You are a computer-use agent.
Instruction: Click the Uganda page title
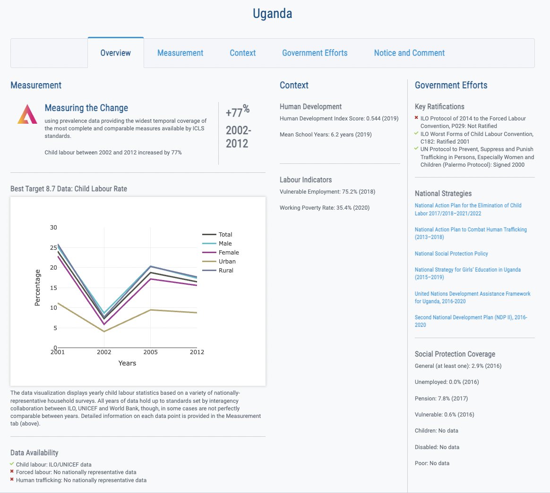pyautogui.click(x=272, y=14)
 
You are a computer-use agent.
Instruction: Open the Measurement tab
pyautogui.click(x=180, y=53)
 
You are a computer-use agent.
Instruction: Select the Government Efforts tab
pyautogui.click(x=315, y=53)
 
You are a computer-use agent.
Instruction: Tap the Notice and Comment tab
pyautogui.click(x=409, y=53)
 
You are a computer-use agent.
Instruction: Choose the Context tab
pyautogui.click(x=242, y=53)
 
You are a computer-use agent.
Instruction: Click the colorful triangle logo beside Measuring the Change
pyautogui.click(x=27, y=114)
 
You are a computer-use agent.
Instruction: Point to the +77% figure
pyautogui.click(x=237, y=112)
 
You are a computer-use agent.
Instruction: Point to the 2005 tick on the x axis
pyautogui.click(x=150, y=352)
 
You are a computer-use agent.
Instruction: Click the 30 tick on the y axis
pyautogui.click(x=53, y=227)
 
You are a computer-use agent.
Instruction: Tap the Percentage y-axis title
pyautogui.click(x=38, y=288)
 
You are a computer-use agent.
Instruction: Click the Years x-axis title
pyautogui.click(x=127, y=363)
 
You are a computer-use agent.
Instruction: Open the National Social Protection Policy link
pyautogui.click(x=451, y=254)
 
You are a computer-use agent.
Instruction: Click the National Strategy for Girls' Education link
pyautogui.click(x=467, y=270)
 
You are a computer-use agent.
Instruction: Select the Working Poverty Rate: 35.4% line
pyautogui.click(x=325, y=208)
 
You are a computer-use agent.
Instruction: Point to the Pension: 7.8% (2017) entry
pyautogui.click(x=441, y=399)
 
